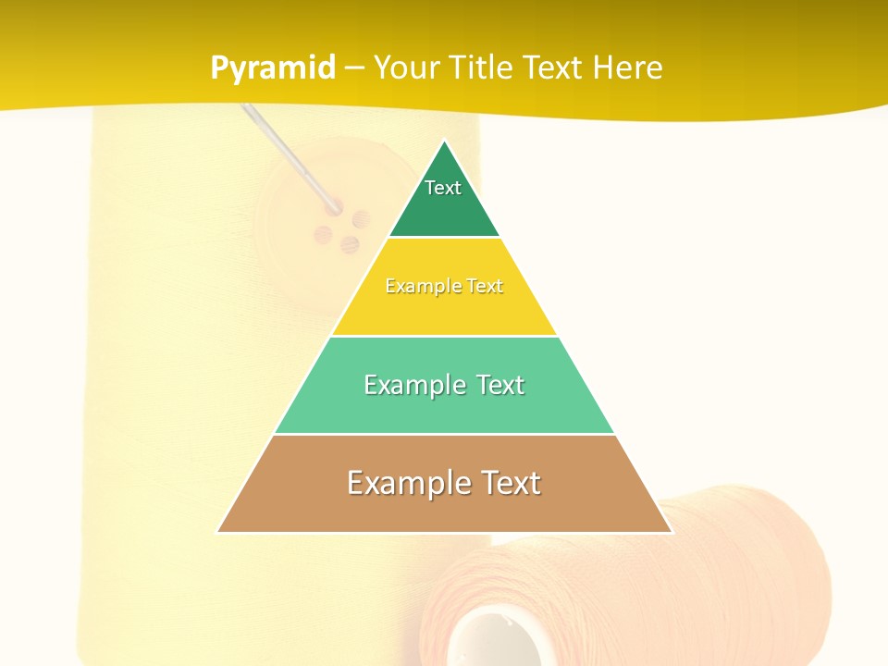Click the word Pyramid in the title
tap(273, 68)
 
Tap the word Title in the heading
tap(483, 68)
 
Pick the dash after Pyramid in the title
tap(354, 68)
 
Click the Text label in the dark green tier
tap(443, 188)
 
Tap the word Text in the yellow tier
tap(484, 287)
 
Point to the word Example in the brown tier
tap(395, 483)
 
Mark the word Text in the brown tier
tap(505, 483)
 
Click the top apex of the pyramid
tap(444, 141)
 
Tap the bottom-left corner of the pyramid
tap(218, 532)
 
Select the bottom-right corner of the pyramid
tap(671, 532)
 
